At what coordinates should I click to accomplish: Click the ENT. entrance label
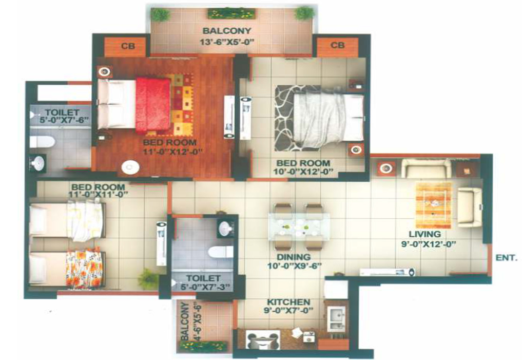507,257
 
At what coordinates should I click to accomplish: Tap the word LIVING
425,234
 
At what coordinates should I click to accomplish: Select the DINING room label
294,257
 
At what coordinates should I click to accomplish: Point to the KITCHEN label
288,302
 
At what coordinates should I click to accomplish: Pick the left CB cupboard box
126,46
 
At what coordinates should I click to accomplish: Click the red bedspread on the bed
153,105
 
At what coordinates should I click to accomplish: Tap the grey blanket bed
328,120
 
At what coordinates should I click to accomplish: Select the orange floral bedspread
83,269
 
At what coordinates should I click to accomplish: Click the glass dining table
299,226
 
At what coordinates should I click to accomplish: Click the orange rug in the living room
434,205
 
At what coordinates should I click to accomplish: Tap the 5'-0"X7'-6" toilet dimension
62,120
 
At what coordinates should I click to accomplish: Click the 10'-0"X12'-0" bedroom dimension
305,172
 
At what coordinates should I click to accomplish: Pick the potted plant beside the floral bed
147,279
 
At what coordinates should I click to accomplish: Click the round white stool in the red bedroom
130,167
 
